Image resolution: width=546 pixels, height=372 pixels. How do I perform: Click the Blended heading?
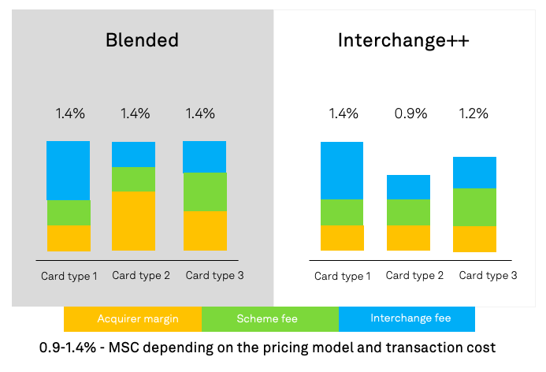click(x=142, y=41)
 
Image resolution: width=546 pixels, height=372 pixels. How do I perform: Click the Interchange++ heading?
click(x=403, y=41)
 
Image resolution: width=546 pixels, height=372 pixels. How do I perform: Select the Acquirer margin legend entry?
click(x=132, y=319)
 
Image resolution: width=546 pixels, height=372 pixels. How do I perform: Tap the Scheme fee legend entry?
click(x=269, y=319)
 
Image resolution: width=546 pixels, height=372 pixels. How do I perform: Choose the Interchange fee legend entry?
click(x=407, y=319)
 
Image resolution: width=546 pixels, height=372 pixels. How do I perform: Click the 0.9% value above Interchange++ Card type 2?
click(x=410, y=113)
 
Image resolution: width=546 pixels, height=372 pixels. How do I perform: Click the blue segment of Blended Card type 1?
click(x=69, y=170)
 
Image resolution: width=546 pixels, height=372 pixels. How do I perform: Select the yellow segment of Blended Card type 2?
click(x=133, y=221)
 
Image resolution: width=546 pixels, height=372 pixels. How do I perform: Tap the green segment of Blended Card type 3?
click(x=204, y=192)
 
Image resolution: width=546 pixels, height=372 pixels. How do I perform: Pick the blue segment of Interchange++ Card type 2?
click(x=408, y=187)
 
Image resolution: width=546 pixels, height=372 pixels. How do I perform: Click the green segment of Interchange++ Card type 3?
click(x=474, y=207)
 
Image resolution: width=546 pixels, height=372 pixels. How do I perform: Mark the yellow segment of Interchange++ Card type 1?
click(x=342, y=238)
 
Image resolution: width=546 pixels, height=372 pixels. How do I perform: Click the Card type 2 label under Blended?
click(x=141, y=276)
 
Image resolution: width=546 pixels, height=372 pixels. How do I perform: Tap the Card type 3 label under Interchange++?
click(x=488, y=276)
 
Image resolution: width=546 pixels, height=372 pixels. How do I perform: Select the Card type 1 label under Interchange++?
click(x=343, y=277)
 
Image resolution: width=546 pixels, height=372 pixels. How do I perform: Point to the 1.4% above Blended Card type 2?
click(x=135, y=113)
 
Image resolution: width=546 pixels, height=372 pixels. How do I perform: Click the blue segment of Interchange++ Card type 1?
click(x=342, y=170)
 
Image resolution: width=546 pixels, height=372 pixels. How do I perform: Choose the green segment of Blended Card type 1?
click(x=69, y=213)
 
